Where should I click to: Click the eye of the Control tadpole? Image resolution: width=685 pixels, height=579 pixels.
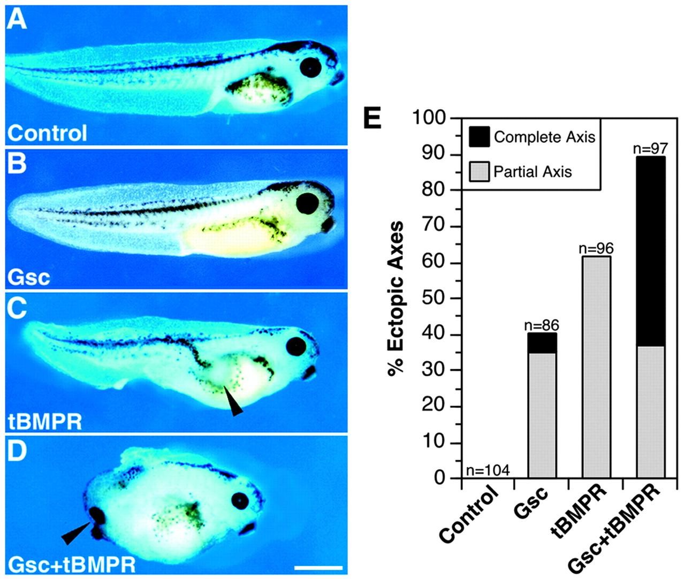point(311,67)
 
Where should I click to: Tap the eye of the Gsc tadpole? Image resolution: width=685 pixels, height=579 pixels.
point(308,203)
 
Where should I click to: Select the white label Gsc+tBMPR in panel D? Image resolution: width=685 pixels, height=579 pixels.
point(72,564)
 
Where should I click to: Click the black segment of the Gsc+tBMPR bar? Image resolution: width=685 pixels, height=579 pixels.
point(651,252)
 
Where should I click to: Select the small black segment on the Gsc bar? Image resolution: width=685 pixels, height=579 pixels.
point(542,343)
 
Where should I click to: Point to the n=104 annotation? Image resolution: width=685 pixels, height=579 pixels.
point(487,470)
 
